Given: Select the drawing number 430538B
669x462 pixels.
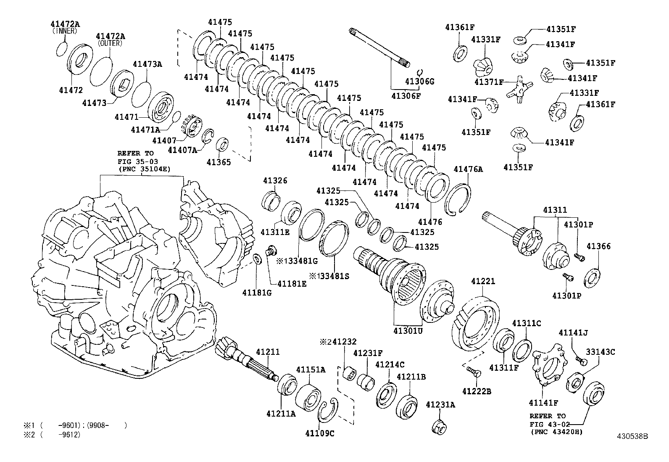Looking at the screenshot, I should [632, 436].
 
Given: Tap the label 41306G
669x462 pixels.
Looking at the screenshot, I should [419, 81].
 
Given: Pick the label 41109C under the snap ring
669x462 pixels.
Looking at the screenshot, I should [319, 433].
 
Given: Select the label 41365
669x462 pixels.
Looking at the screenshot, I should [219, 162].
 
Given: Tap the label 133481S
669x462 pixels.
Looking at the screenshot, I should [329, 276].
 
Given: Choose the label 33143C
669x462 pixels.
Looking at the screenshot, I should [601, 352].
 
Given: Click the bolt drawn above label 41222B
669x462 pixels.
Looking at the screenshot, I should [472, 371].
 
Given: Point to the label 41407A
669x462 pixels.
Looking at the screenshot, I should [182, 150].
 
